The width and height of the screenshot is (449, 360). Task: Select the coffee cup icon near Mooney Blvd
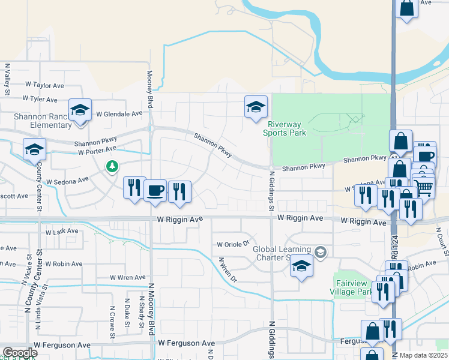(155, 190)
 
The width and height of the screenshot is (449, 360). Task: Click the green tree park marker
(111, 166)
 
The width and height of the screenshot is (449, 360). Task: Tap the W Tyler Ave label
(40, 99)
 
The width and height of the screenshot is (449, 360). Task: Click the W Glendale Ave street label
(119, 113)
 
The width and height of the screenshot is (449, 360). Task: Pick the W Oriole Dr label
(233, 244)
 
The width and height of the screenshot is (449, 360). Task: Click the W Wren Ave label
(127, 277)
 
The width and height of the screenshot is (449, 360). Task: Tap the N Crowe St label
(112, 316)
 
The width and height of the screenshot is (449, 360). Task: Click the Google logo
(20, 353)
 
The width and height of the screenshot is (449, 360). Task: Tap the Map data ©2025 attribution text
(423, 355)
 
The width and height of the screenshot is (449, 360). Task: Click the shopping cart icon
(424, 187)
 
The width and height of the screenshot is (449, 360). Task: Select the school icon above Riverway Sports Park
(256, 107)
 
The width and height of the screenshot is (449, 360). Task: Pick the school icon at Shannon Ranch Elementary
(79, 110)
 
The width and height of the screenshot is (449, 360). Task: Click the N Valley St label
(7, 79)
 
